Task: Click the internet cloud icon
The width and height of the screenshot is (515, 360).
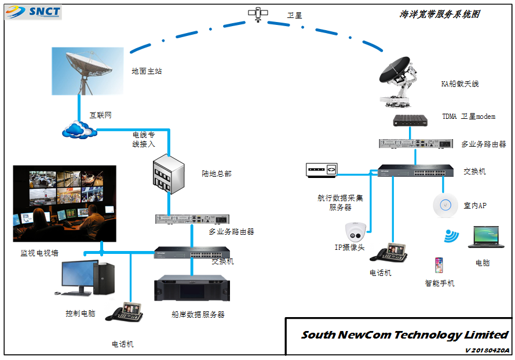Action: pos(79,130)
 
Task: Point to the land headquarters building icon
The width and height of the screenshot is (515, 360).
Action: pos(168,174)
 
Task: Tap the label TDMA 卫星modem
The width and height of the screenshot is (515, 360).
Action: pos(469,117)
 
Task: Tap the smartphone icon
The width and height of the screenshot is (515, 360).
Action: pos(439,266)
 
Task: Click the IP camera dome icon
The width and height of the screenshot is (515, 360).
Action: pos(355,232)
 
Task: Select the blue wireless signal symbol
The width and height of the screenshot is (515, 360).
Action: pos(451,236)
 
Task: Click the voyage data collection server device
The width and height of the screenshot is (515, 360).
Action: pos(322,169)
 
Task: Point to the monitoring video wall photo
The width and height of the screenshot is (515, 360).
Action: pos(64,203)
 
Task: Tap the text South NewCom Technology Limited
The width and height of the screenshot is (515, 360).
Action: pos(404,335)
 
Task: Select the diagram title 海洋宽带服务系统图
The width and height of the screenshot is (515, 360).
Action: pos(440,14)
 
